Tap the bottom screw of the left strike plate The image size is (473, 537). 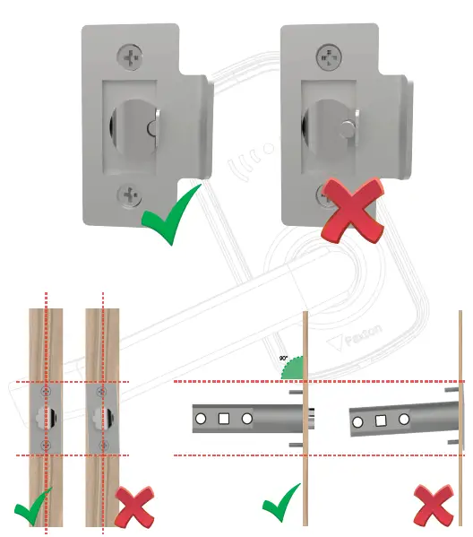130,192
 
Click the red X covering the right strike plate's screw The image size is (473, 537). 350,208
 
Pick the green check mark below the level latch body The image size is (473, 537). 281,507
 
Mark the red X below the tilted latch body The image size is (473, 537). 434,507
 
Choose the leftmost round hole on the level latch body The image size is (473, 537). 201,419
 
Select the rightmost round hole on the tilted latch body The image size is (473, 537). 404,419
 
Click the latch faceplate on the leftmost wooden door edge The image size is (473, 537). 46,419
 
